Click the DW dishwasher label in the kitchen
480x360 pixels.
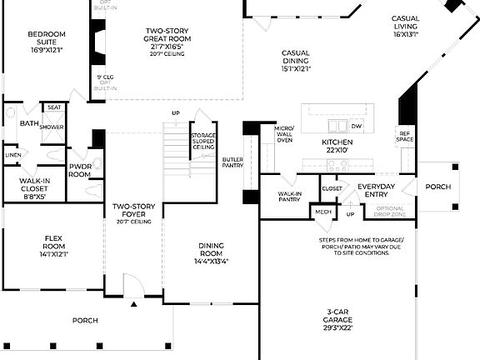tap(357, 126)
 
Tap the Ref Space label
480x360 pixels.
tap(405, 137)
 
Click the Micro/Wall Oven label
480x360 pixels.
tap(283, 134)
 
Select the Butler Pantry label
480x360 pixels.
tap(232, 162)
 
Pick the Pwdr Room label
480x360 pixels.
tap(80, 170)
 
